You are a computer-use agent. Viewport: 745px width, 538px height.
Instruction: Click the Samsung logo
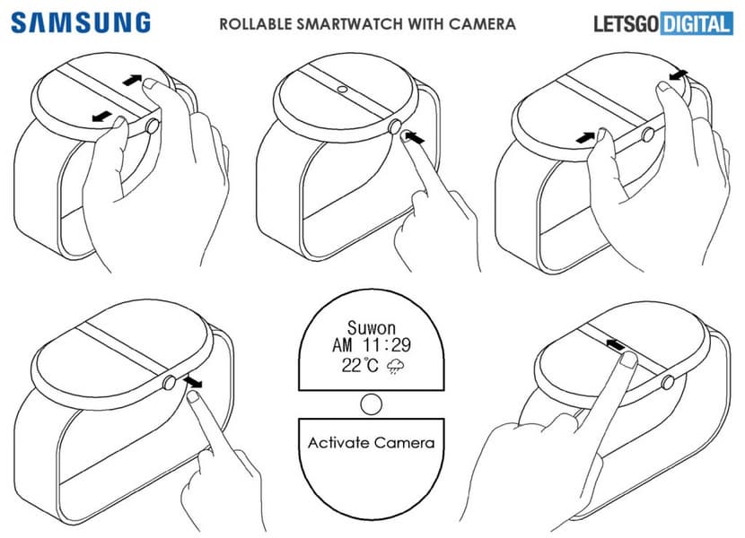[x=81, y=22]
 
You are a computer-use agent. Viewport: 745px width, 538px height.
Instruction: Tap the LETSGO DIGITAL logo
[x=662, y=23]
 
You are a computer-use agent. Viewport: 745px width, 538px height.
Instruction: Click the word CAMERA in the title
[x=482, y=23]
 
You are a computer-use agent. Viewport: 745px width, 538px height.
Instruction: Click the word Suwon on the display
[x=371, y=327]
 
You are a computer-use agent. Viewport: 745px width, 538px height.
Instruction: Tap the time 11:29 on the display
[x=387, y=345]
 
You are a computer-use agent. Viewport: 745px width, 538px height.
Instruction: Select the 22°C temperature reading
[x=360, y=365]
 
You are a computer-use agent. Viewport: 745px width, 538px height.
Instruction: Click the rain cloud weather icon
[x=395, y=366]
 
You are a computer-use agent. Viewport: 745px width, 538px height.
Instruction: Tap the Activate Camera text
[x=371, y=443]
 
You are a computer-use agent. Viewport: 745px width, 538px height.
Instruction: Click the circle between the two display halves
[x=371, y=404]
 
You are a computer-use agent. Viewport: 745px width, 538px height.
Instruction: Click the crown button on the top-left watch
[x=153, y=126]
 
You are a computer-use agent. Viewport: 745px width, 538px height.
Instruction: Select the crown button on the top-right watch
[x=647, y=135]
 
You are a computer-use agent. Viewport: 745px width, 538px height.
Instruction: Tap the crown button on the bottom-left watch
[x=170, y=382]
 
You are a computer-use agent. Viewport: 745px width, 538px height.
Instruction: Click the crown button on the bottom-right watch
[x=668, y=382]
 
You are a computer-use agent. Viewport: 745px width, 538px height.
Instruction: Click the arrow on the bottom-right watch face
[x=615, y=344]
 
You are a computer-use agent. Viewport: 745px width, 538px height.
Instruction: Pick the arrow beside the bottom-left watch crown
[x=193, y=381]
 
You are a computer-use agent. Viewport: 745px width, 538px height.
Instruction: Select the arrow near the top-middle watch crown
[x=416, y=139]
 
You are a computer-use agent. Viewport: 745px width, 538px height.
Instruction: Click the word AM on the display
[x=342, y=345]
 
